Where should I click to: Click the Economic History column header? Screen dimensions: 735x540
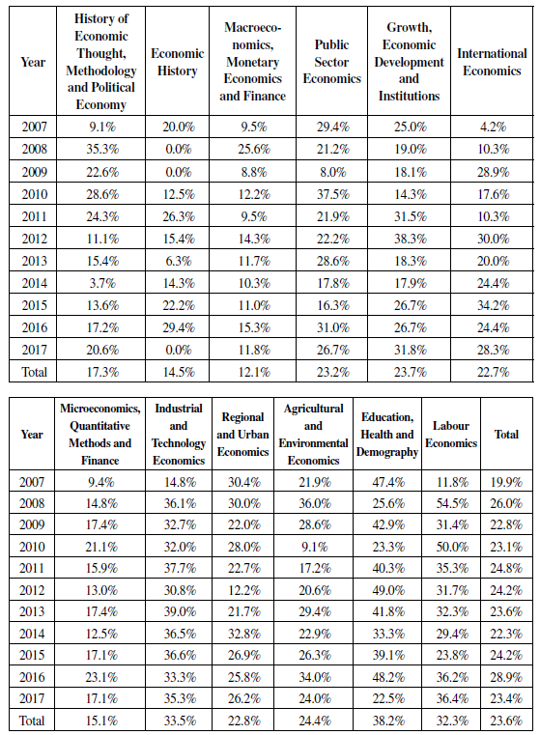(177, 63)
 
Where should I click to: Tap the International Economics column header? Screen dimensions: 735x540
(491, 62)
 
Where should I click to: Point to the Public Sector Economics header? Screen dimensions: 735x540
(332, 62)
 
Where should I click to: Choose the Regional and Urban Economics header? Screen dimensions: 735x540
(243, 434)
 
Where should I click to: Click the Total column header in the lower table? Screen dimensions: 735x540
(506, 434)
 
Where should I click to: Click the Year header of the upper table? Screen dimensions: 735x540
(33, 63)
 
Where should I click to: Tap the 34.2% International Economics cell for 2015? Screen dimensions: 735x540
(491, 304)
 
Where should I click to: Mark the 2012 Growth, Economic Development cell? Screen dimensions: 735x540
(409, 238)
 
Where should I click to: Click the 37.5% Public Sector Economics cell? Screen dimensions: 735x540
(332, 193)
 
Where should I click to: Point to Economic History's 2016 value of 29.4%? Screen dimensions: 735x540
(177, 326)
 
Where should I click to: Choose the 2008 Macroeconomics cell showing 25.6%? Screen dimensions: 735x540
(253, 149)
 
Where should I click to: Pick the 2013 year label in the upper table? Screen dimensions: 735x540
(33, 260)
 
